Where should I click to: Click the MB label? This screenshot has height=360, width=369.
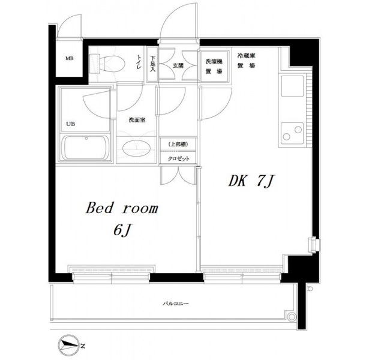point(70,58)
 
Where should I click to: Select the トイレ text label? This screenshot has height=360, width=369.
point(139,62)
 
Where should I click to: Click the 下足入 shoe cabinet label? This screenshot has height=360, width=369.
point(153,64)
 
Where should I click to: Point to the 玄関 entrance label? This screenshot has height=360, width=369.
point(178,65)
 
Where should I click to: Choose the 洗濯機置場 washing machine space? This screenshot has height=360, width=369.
point(214,66)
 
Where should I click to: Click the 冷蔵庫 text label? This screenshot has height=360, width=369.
point(247,56)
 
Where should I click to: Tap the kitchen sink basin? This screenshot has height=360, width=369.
point(292,86)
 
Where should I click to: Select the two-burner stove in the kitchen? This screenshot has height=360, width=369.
point(292,133)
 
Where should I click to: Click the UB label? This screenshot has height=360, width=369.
point(70,124)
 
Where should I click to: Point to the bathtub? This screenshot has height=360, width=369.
point(86,148)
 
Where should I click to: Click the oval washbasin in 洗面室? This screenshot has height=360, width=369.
point(136,149)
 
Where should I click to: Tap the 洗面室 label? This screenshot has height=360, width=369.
point(137,120)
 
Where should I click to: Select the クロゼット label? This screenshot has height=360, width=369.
point(178,158)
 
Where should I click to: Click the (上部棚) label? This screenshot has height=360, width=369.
point(178,145)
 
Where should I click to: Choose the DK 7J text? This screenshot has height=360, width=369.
point(250,181)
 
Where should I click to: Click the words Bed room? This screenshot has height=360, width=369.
point(122,208)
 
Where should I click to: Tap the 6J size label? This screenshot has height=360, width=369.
point(122,230)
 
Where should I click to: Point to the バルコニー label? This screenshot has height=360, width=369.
point(176,304)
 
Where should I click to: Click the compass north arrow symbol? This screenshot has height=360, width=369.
point(69,346)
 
